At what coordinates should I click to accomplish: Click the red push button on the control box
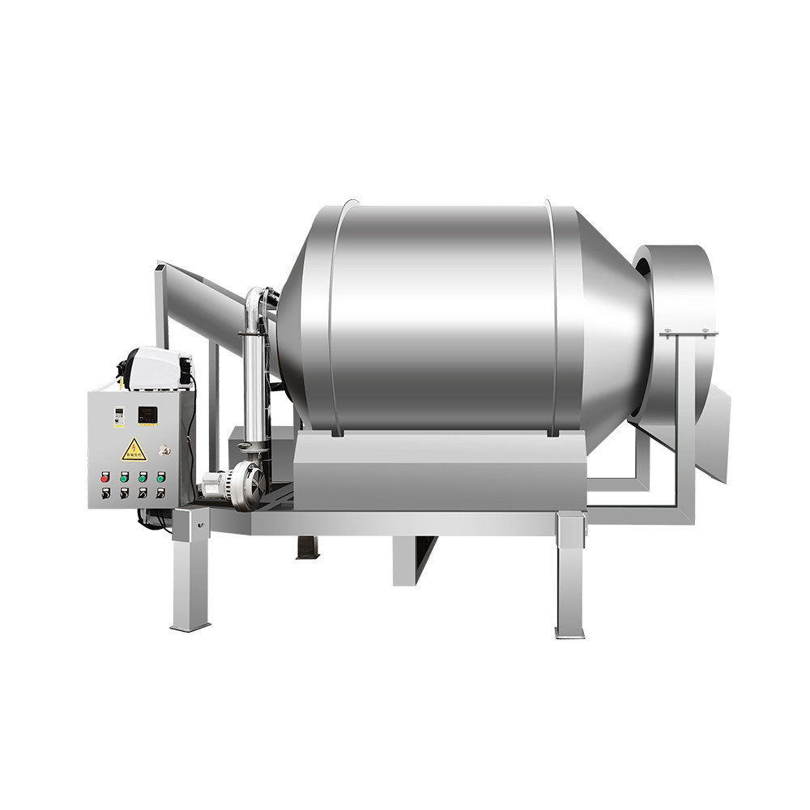104,479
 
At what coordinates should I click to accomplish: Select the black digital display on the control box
147,415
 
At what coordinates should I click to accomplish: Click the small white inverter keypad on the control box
119,416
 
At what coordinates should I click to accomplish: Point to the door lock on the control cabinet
164,450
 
